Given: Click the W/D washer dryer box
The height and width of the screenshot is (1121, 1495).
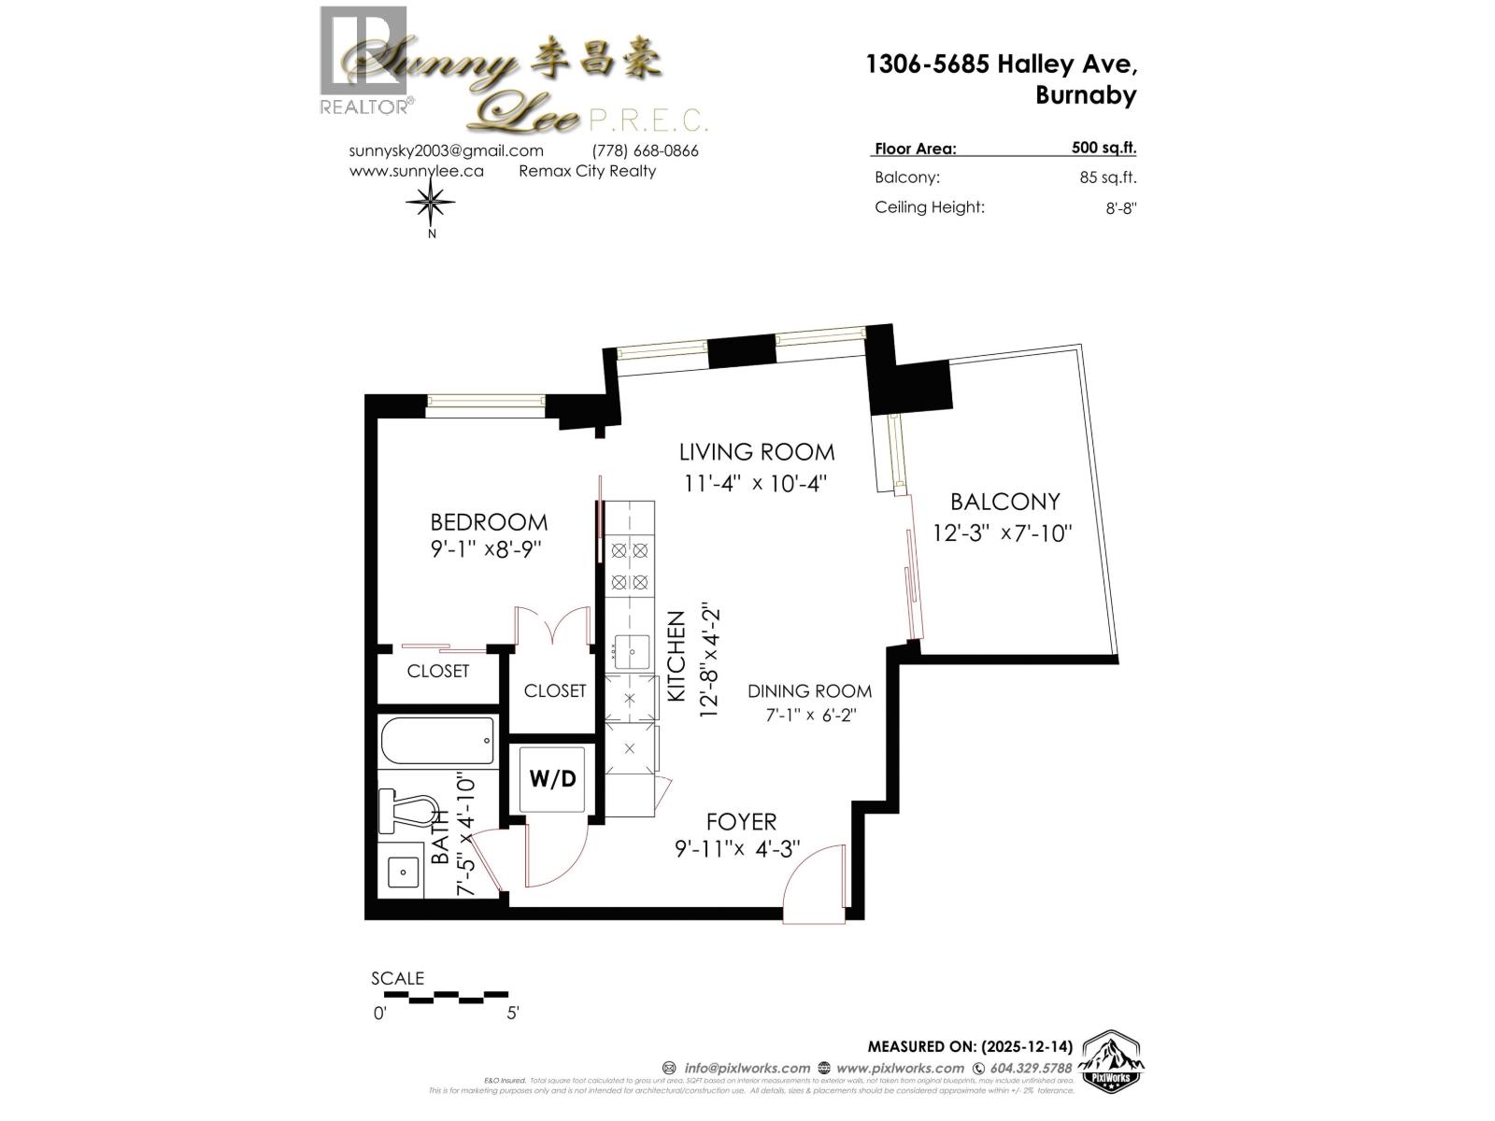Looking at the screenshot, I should (x=553, y=778).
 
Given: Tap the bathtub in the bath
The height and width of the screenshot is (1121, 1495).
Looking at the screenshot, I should (x=437, y=742).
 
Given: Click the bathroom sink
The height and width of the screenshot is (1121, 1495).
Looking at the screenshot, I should (x=403, y=871).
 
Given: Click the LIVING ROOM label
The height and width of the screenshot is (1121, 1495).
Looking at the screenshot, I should (x=757, y=452).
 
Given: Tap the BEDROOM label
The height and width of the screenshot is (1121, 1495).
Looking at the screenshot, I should (x=489, y=522).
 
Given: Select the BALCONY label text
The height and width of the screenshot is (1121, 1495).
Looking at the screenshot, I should (x=1004, y=502).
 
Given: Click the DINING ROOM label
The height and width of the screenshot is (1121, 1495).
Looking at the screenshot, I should (x=809, y=691).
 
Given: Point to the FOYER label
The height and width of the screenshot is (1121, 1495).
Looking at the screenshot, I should (x=741, y=822).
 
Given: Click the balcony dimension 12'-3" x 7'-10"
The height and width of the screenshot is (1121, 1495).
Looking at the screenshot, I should (x=1002, y=533).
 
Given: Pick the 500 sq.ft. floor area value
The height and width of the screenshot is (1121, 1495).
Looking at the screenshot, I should (x=1103, y=148).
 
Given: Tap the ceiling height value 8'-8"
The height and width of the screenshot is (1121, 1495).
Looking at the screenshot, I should (x=1120, y=208).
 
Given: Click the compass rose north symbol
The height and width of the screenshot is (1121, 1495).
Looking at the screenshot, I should (x=431, y=201).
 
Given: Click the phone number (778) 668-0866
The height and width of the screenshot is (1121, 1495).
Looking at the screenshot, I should (x=645, y=150).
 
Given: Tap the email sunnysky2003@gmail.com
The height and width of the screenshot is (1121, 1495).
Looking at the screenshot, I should (x=446, y=150).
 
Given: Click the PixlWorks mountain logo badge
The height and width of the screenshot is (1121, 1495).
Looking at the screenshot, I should (x=1112, y=1062).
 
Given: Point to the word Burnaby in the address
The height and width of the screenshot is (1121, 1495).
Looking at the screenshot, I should (x=1086, y=95).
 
